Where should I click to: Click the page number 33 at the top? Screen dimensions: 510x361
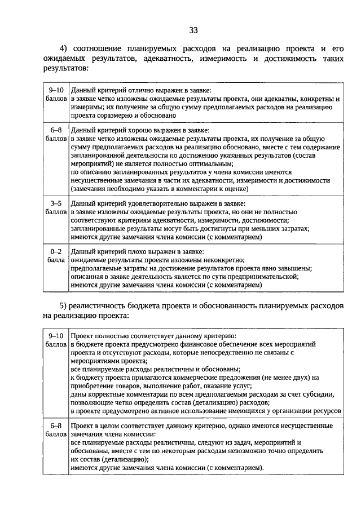point(193,30)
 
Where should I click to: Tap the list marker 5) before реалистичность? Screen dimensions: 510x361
point(64,306)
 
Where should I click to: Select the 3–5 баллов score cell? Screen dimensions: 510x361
point(56,207)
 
